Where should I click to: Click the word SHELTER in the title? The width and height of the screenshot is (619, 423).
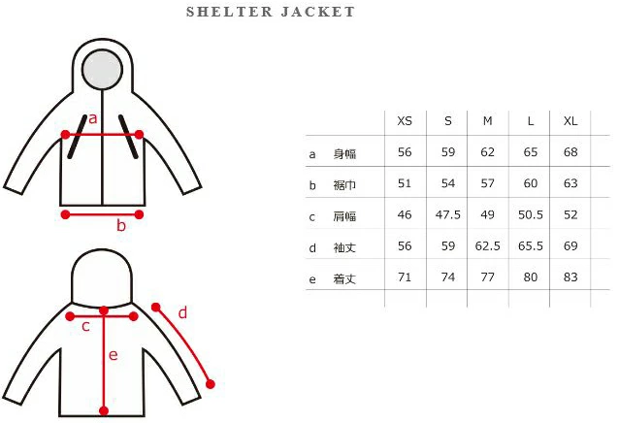229,12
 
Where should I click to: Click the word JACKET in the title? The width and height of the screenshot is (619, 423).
318,12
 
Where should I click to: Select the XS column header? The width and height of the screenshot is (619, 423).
405,120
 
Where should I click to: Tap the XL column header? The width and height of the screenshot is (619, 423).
570,120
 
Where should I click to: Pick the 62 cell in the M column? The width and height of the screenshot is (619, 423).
488,152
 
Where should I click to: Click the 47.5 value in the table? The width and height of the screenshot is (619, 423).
448,214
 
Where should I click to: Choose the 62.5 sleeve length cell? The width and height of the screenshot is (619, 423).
488,245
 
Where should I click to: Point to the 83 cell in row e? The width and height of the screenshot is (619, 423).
570,277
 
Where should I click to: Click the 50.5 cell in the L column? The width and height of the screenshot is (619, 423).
531,214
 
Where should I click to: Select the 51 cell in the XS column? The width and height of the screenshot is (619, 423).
405,183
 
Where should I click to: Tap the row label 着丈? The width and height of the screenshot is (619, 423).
344,279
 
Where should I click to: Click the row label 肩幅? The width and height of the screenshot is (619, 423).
344,216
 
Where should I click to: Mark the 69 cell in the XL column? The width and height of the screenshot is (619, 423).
570,245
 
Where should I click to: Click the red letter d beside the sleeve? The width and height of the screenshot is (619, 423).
182,313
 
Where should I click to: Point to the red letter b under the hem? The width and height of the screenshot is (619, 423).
121,225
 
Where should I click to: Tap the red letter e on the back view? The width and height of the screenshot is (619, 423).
114,355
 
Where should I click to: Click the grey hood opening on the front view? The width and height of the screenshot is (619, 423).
102,69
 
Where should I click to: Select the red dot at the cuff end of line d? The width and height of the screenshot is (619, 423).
211,384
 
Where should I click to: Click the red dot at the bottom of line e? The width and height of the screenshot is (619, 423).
104,411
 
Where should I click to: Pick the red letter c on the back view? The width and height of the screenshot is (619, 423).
85,327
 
